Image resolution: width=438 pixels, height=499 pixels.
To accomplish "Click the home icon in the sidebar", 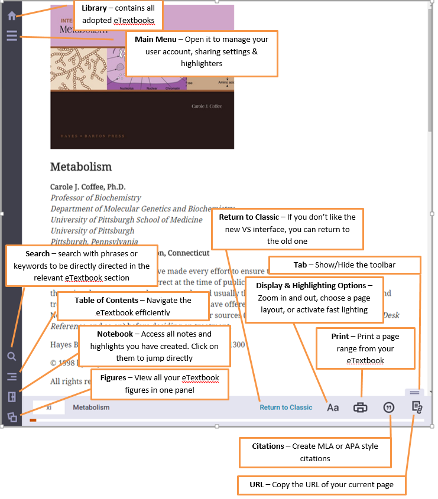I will (x=11, y=16).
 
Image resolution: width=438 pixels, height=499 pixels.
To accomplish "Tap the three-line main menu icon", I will (x=11, y=37).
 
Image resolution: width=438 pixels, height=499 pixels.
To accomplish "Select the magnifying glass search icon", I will (x=11, y=356).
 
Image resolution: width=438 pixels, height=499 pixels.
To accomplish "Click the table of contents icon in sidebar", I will (x=11, y=376).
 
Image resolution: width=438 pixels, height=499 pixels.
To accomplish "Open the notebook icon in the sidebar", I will (x=11, y=397).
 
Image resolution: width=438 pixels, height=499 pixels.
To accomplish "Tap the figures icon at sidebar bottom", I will (x=11, y=417).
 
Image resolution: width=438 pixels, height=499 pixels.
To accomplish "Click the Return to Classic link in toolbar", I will (x=286, y=407).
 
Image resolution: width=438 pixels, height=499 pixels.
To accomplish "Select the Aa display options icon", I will (x=333, y=407).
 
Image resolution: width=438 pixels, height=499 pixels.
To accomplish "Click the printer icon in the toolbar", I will (x=361, y=407).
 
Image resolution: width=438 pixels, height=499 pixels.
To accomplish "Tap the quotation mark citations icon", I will (x=389, y=407).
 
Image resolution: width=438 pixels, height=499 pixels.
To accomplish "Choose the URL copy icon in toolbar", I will (x=417, y=407).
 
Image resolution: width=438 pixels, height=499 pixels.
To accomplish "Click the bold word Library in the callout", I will (x=94, y=8).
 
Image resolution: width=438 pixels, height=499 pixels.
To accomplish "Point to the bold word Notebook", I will (x=115, y=334).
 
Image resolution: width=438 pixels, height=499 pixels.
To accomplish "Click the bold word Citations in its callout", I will (x=268, y=446).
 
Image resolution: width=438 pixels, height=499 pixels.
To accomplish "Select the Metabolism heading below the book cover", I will (x=80, y=167).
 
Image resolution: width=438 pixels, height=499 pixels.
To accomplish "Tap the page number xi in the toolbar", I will (x=49, y=407).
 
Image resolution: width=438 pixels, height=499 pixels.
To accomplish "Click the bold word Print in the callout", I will (x=340, y=337).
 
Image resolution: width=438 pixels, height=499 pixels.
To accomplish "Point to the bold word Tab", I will (x=300, y=265).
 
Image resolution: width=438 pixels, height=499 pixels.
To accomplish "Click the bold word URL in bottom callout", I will (x=257, y=485).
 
